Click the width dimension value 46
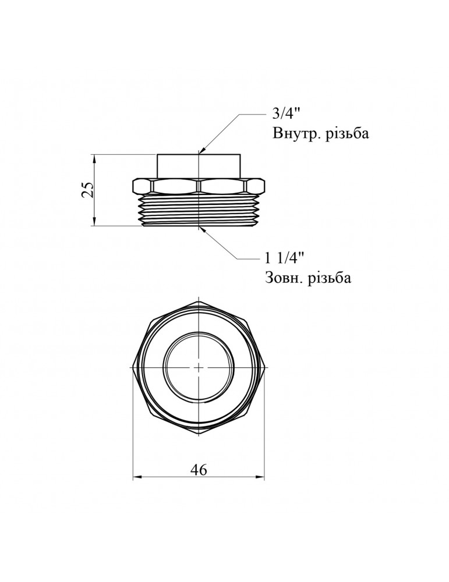tap(199, 470)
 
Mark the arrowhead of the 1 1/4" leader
tap(203, 230)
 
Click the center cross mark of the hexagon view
tap(199, 367)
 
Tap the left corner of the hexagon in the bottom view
tap(133, 367)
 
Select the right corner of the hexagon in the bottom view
tap(264, 367)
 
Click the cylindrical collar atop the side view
tap(199, 166)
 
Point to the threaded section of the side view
tap(199, 211)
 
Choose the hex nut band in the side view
tap(199, 187)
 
